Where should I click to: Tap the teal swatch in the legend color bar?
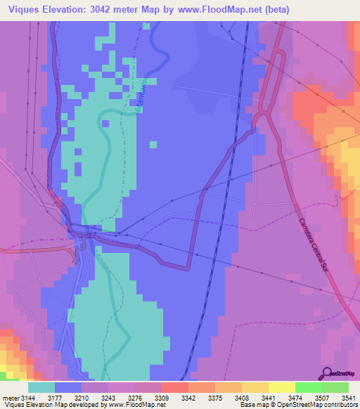point(41,388)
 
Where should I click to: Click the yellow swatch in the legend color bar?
point(281,388)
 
